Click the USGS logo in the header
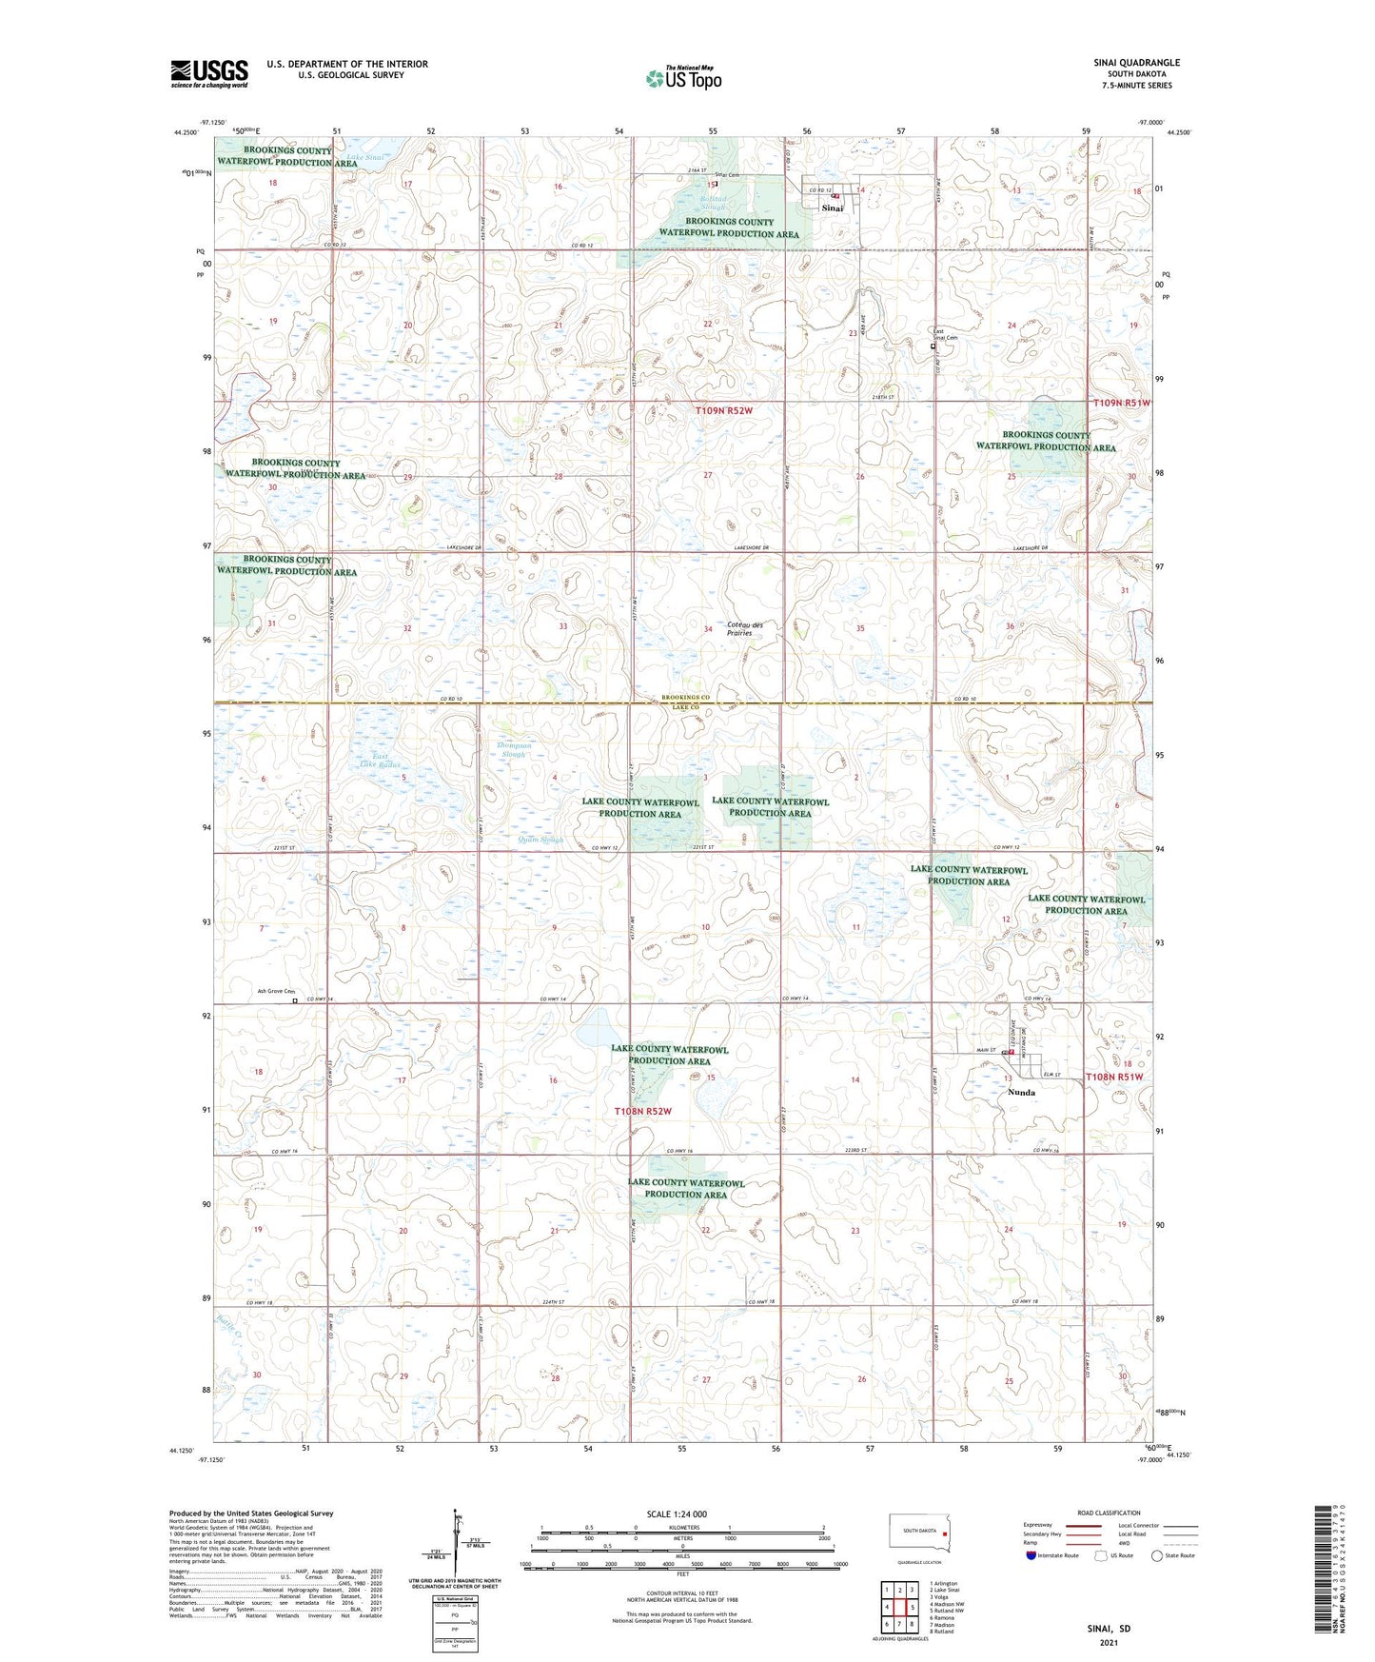pos(208,73)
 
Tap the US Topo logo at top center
pos(682,77)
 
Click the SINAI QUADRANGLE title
pos(1136,63)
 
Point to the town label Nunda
pos(1021,1093)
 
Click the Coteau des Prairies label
pos(745,629)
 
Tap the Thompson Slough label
pos(514,750)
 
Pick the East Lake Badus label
pos(380,760)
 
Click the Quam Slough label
pos(540,840)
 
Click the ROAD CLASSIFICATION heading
pos(1109,1513)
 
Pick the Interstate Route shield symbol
pos(1031,1555)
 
